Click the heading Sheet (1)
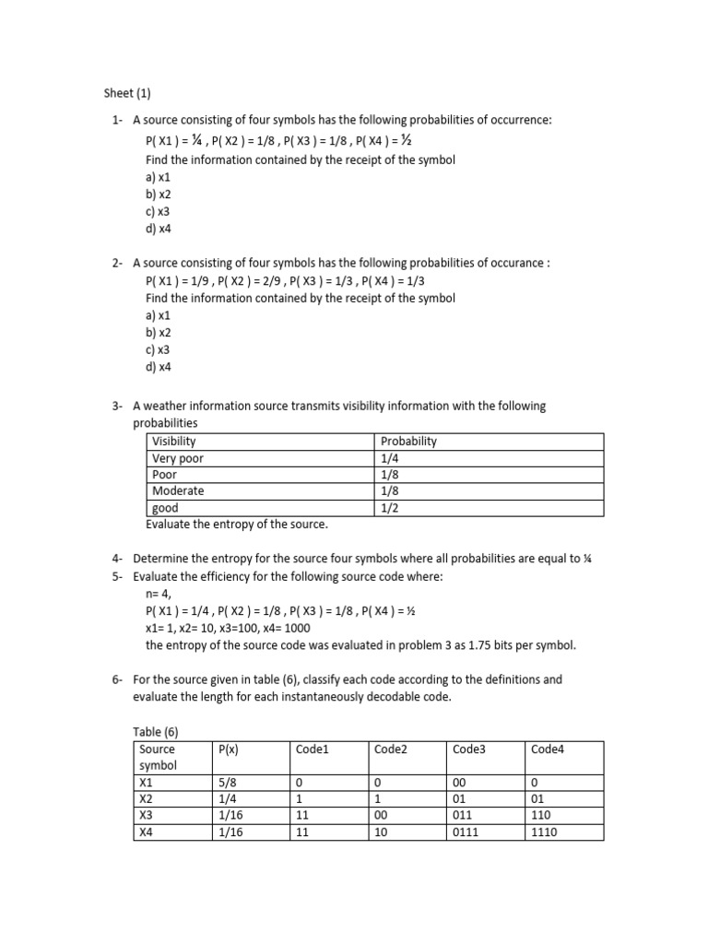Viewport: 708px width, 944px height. (x=125, y=93)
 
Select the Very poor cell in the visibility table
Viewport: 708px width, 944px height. (x=178, y=458)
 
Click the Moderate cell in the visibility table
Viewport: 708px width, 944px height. (x=178, y=491)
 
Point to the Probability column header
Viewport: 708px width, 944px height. (x=408, y=442)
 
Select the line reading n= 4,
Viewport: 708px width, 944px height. (x=159, y=594)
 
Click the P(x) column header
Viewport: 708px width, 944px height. (x=230, y=749)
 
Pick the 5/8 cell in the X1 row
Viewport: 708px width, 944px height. (x=227, y=782)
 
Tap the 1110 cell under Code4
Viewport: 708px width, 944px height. (x=545, y=832)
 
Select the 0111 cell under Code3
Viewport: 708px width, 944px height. (x=466, y=832)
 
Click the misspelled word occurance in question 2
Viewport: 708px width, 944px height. (x=516, y=264)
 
